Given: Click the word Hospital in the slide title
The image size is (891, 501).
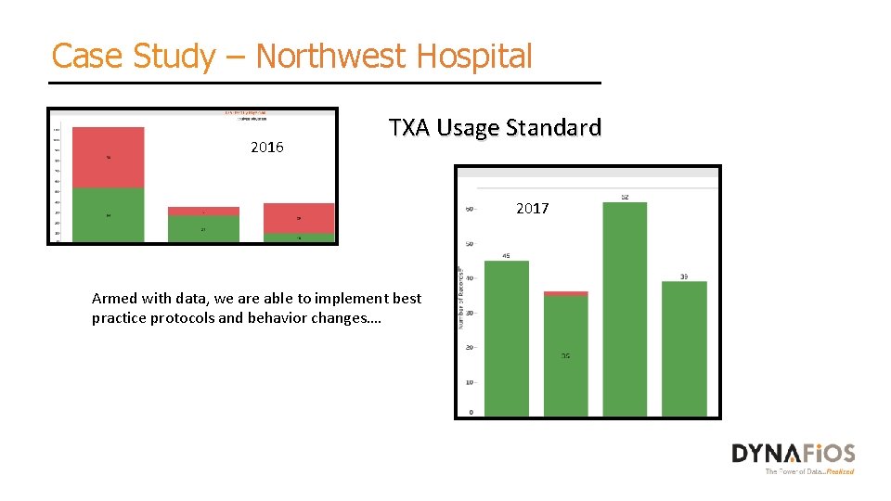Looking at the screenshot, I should tap(474, 56).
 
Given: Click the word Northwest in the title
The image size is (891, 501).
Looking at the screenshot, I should tap(330, 56).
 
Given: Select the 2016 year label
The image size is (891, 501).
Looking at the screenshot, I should tap(267, 148).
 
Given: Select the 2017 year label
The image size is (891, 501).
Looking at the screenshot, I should tap(532, 209).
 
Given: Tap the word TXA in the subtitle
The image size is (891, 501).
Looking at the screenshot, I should tap(409, 127).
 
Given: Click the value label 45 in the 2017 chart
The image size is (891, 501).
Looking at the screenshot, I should tap(506, 255).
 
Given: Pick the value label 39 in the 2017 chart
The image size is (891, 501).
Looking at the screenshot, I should tap(684, 276).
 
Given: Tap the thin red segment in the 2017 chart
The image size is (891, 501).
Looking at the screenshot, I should tap(565, 293).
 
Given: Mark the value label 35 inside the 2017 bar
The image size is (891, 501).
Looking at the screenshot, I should tap(565, 356).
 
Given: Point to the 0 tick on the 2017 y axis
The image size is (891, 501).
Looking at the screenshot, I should tap(471, 411).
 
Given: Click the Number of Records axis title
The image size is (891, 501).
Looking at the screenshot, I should tap(459, 299).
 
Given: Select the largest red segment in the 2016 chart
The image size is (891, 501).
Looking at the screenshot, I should tap(109, 158).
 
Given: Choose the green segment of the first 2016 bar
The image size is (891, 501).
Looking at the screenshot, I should tap(109, 215).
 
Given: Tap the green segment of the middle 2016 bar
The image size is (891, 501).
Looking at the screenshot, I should tap(203, 228).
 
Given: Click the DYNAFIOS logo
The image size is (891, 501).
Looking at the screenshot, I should tap(793, 455).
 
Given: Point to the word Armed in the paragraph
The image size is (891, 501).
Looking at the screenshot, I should tap(111, 299).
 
